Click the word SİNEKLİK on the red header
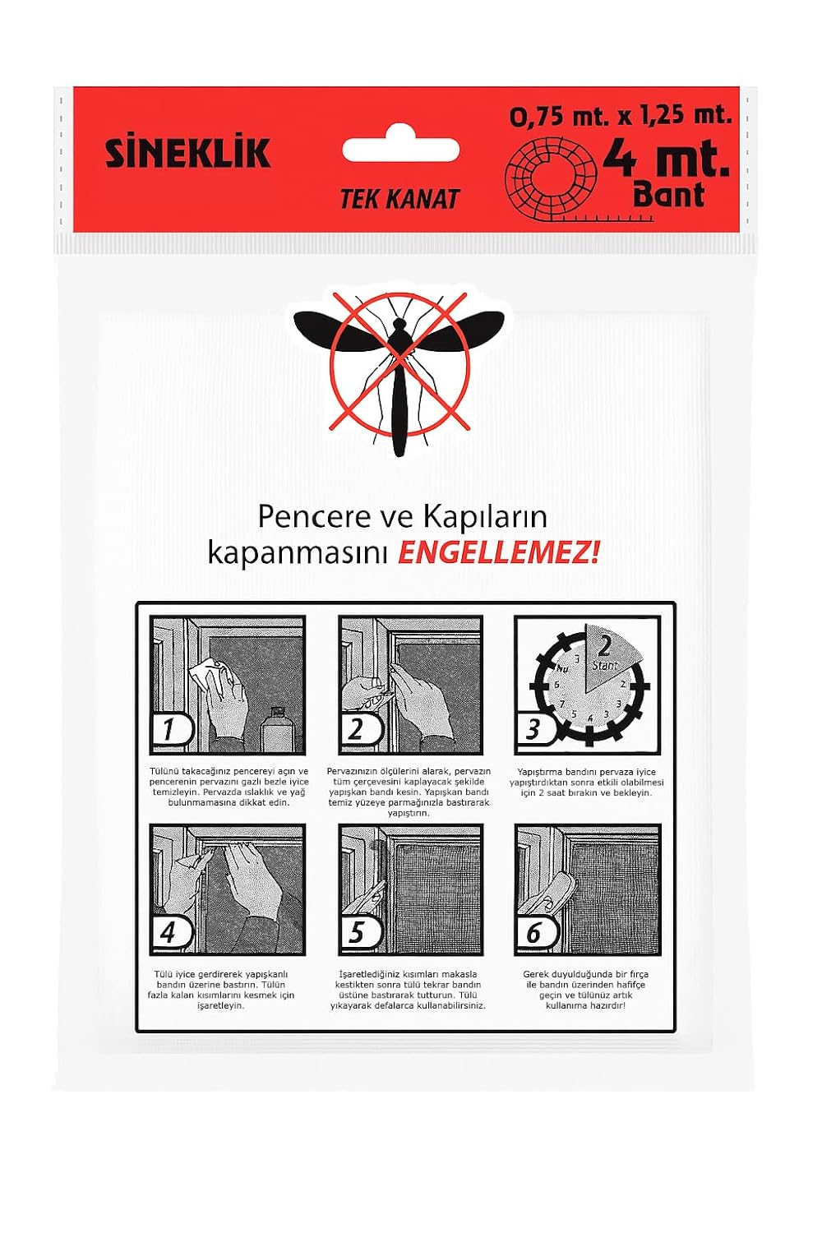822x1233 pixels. [x=187, y=154]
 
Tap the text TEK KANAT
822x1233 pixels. [x=399, y=199]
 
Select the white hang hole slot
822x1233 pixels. [x=400, y=150]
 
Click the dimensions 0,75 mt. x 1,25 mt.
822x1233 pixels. [x=621, y=115]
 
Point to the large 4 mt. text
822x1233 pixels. [x=666, y=158]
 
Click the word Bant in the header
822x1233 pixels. [x=668, y=196]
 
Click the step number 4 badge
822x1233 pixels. [x=170, y=933]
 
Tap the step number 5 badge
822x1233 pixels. [x=358, y=933]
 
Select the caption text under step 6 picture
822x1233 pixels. [x=586, y=990]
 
